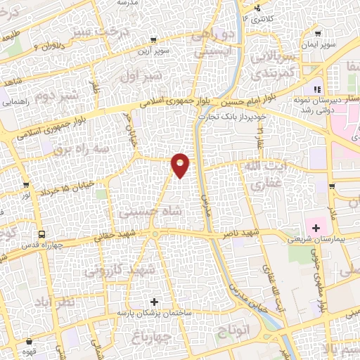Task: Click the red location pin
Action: point(181,165)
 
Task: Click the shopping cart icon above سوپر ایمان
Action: point(319,33)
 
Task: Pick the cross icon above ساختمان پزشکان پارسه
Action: point(154,302)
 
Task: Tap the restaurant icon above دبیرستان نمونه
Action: point(316,89)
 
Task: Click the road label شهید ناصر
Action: point(242,231)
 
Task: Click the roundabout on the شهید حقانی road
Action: point(154,235)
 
